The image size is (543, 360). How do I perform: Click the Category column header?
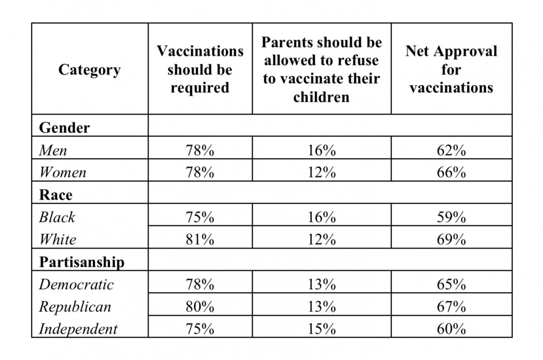[90, 70]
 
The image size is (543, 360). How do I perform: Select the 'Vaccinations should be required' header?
[200, 70]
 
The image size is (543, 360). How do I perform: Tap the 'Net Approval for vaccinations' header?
[452, 70]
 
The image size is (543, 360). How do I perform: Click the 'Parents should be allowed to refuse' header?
[321, 70]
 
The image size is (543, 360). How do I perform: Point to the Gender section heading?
[64, 128]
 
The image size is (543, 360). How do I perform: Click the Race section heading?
[56, 195]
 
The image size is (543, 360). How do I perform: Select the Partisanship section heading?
[82, 262]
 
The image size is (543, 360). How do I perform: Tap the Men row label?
[53, 150]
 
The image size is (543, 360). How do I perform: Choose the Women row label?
[63, 172]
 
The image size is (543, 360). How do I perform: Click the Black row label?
[57, 217]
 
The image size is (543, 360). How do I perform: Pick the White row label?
[58, 240]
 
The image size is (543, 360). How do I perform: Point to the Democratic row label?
[76, 284]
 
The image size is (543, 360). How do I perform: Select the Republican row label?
[75, 307]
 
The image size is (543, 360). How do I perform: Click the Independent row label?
[78, 329]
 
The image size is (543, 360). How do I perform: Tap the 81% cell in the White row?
[200, 240]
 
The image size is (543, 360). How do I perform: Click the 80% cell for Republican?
[200, 307]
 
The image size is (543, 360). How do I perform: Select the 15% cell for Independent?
[322, 329]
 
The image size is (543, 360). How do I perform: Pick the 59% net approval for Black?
[452, 217]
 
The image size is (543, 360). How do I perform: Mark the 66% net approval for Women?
[452, 172]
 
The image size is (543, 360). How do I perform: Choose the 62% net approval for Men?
[452, 150]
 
